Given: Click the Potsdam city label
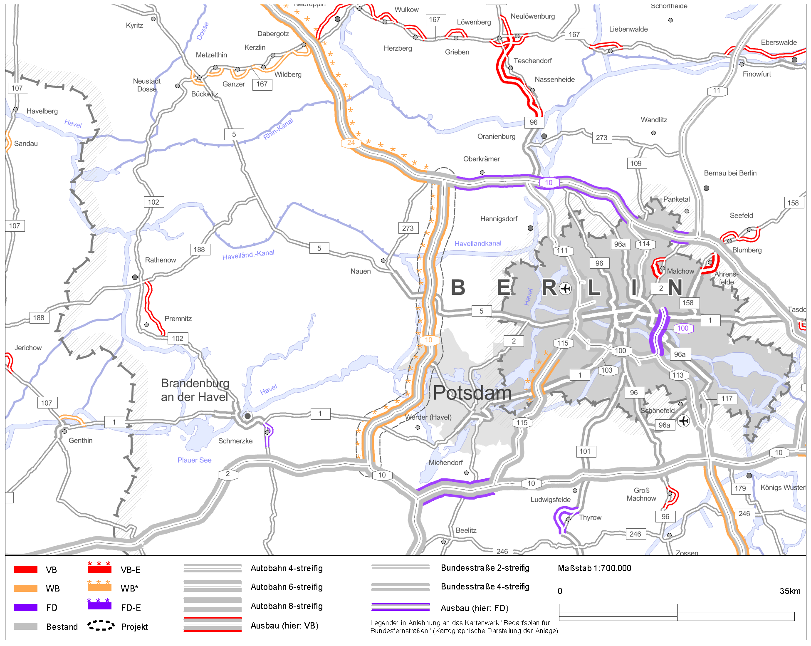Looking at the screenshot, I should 472,393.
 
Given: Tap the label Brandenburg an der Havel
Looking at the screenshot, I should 195,390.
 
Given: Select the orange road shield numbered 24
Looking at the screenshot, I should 351,143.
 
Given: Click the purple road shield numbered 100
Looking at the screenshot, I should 682,328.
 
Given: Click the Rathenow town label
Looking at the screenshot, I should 160,260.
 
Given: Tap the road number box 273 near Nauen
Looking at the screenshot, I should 408,228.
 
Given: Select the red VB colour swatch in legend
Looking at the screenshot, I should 25,569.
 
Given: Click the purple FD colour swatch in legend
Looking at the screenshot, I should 25,607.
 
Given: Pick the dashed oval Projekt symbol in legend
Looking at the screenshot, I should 101,626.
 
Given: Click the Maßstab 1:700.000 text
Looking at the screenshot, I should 594,568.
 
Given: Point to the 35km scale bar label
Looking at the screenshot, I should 789,591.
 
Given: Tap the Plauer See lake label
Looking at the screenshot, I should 194,460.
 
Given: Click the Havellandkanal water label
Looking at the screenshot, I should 477,243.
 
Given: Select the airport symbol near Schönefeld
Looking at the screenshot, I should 683,421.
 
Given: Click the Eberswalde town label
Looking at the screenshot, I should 779,42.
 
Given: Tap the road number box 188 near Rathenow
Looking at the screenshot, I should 199,250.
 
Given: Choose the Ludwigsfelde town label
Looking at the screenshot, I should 550,500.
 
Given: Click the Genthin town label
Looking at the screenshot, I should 80,441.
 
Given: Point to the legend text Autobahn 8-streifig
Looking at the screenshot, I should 286,606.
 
